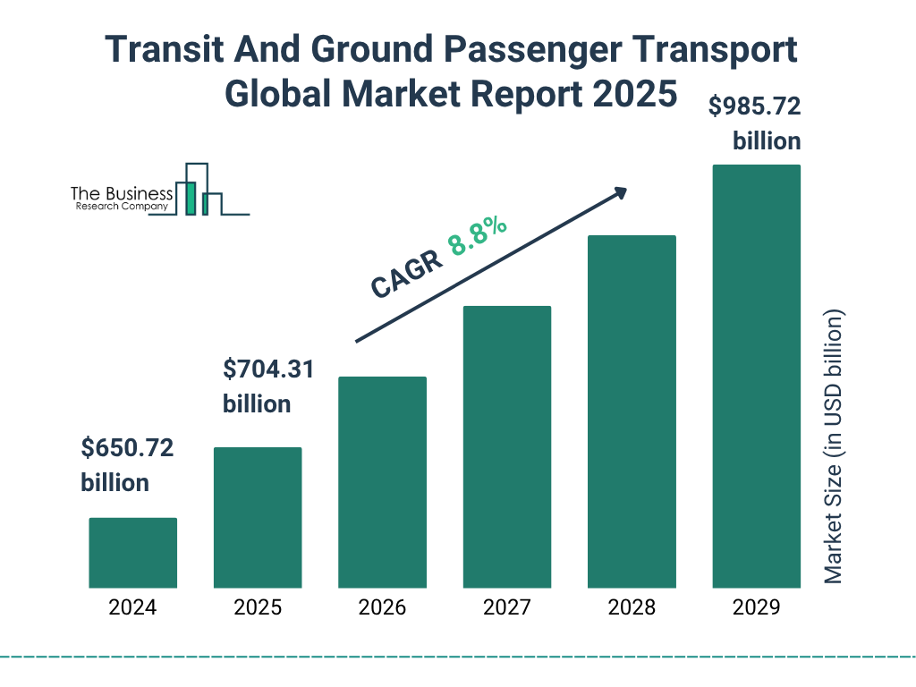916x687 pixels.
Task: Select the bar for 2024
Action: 132,553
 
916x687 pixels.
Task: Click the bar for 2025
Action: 258,517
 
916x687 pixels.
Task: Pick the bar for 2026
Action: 382,482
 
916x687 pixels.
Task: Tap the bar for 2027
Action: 506,446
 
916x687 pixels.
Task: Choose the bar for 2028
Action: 632,411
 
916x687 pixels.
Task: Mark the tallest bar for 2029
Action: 756,376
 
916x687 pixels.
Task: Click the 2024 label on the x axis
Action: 132,608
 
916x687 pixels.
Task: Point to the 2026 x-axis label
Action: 382,608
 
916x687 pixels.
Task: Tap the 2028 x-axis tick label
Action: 632,608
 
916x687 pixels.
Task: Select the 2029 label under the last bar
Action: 756,608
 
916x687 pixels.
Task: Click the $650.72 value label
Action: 126,447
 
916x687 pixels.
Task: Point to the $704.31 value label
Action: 267,369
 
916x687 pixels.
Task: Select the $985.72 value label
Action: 754,107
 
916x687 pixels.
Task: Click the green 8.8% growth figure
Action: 478,235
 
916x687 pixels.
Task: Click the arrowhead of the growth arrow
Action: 620,192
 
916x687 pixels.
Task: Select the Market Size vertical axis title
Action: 834,447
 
